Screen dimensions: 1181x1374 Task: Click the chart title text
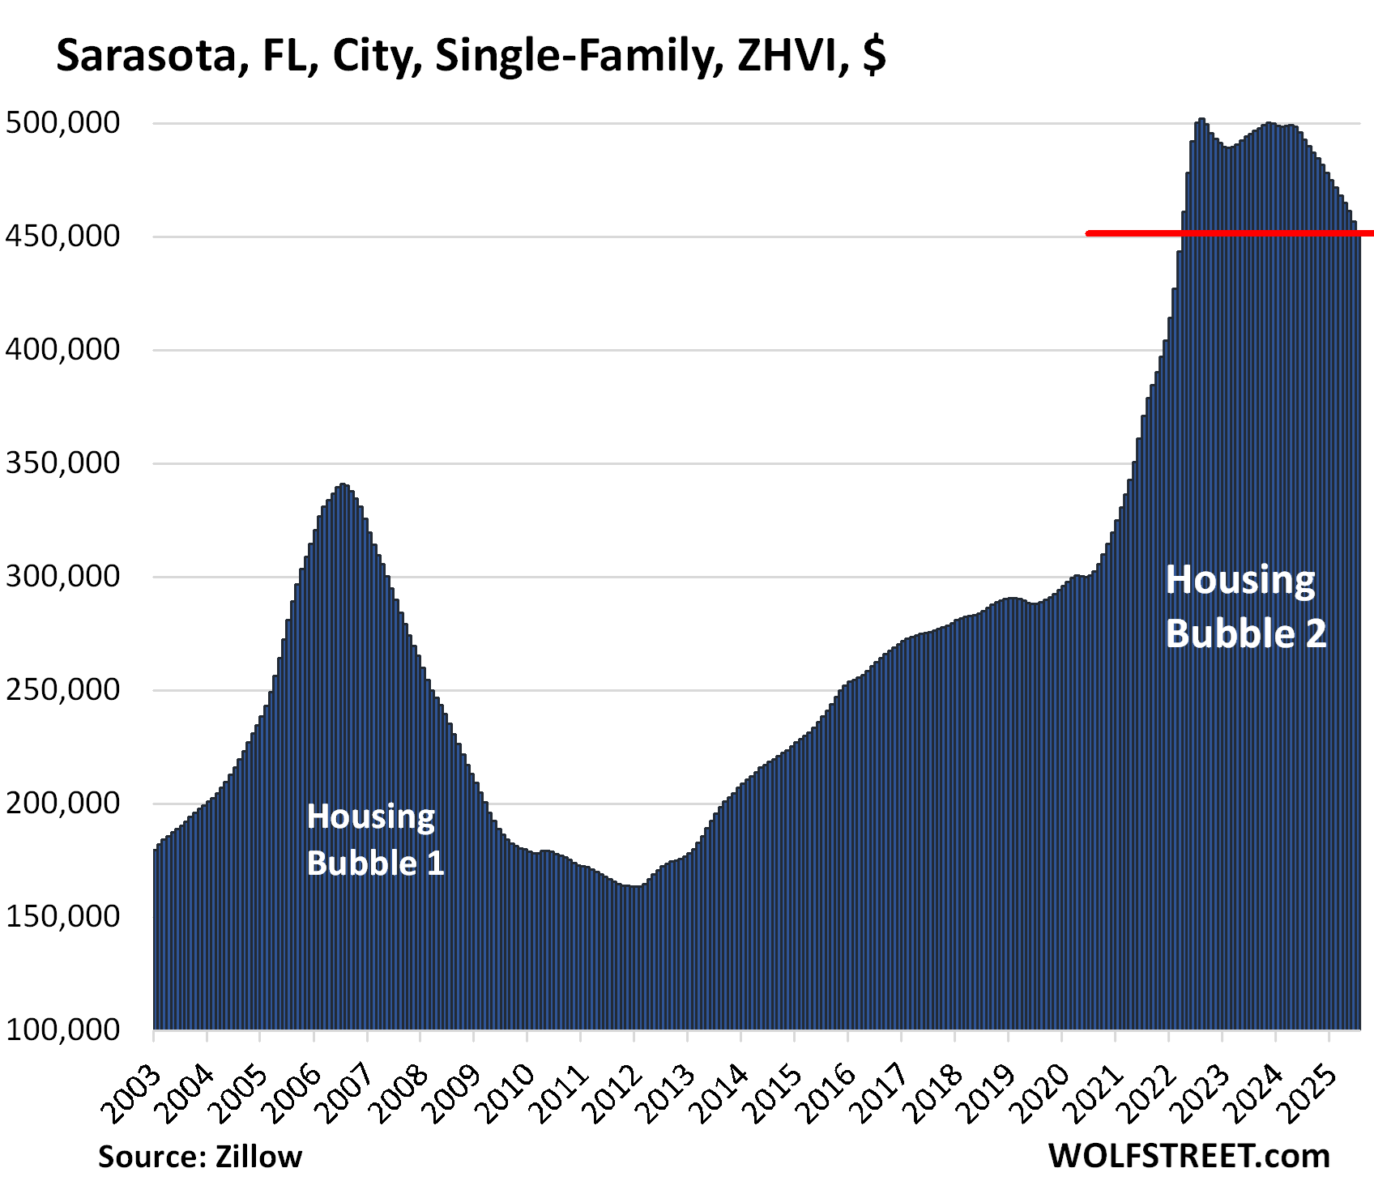[x=470, y=56]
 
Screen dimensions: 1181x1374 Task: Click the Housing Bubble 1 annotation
[x=375, y=840]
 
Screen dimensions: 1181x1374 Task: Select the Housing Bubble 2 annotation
[x=1245, y=607]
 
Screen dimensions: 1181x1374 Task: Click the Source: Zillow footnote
[x=200, y=1156]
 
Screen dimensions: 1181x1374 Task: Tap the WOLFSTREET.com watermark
[x=1188, y=1156]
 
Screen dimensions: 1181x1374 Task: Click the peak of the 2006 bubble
[x=343, y=485]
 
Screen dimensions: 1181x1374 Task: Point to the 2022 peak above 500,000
[x=1201, y=120]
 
